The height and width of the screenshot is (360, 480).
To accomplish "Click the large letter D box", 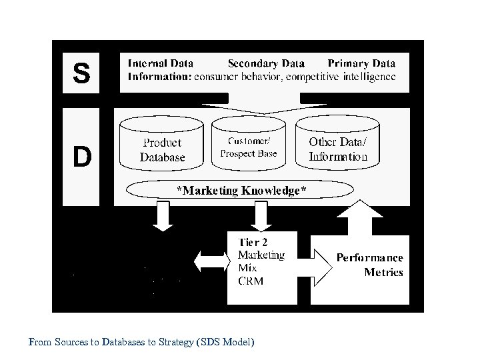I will pyautogui.click(x=81, y=157).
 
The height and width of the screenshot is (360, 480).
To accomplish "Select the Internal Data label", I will pyautogui.click(x=161, y=64).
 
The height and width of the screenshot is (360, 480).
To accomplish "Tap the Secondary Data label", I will pyautogui.click(x=266, y=64).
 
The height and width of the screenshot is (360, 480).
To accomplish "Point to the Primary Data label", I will pyautogui.click(x=361, y=64).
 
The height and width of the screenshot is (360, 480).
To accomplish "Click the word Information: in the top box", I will pyautogui.click(x=159, y=77).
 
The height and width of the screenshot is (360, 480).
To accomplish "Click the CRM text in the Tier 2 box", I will pyautogui.click(x=251, y=281).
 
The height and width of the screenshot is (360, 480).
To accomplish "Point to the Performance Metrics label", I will pyautogui.click(x=370, y=264).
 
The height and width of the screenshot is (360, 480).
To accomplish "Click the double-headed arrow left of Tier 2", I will pyautogui.click(x=209, y=259).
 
